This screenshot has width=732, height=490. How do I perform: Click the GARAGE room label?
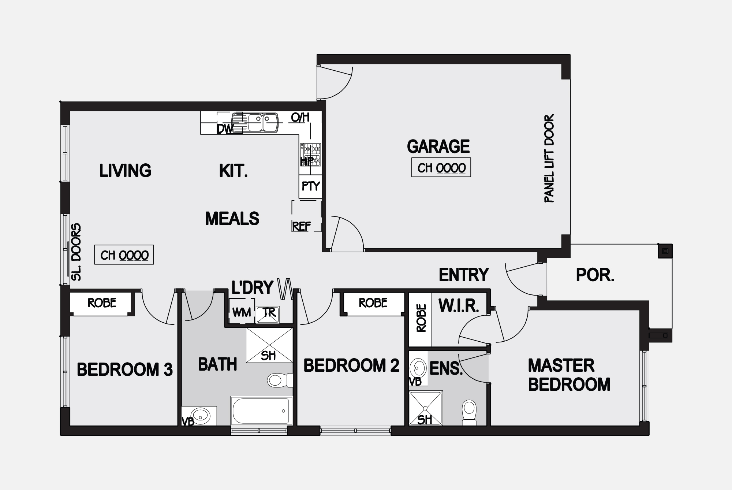[438, 146]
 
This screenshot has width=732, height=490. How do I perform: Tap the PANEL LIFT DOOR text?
[549, 159]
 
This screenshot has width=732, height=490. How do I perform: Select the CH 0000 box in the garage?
[441, 168]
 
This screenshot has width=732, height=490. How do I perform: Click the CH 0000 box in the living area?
[124, 255]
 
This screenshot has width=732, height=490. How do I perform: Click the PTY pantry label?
[311, 186]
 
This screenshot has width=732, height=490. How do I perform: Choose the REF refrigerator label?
[301, 227]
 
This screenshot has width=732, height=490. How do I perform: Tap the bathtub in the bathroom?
[261, 411]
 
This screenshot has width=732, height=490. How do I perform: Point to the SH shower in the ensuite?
[426, 408]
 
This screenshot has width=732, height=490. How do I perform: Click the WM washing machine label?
[242, 312]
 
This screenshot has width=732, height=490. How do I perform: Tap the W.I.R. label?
[459, 306]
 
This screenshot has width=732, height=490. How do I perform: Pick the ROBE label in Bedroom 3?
[102, 303]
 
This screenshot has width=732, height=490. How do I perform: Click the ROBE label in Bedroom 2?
[373, 303]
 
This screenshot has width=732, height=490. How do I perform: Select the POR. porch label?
[595, 275]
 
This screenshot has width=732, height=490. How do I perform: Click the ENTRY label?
[464, 275]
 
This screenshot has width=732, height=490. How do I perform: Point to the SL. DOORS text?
[76, 252]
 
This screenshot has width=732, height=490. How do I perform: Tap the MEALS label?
[232, 219]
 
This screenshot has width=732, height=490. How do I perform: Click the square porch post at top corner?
[665, 251]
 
